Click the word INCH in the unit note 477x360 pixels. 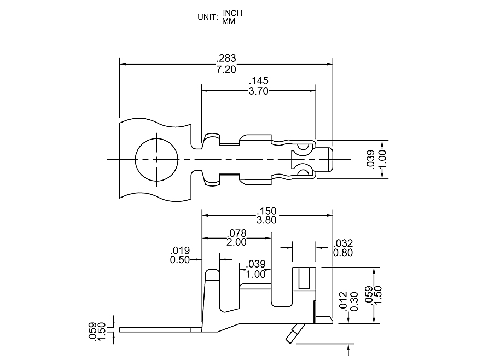232,13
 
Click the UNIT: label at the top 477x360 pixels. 208,17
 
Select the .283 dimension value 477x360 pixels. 226,58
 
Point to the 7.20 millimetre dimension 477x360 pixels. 226,69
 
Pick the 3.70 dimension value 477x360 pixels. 258,91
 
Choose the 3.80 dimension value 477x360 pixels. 267,220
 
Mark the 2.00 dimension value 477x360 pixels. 236,242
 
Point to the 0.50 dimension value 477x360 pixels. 180,260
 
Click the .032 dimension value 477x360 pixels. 343,243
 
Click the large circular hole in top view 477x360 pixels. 157,159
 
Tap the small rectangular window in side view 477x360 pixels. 304,278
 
